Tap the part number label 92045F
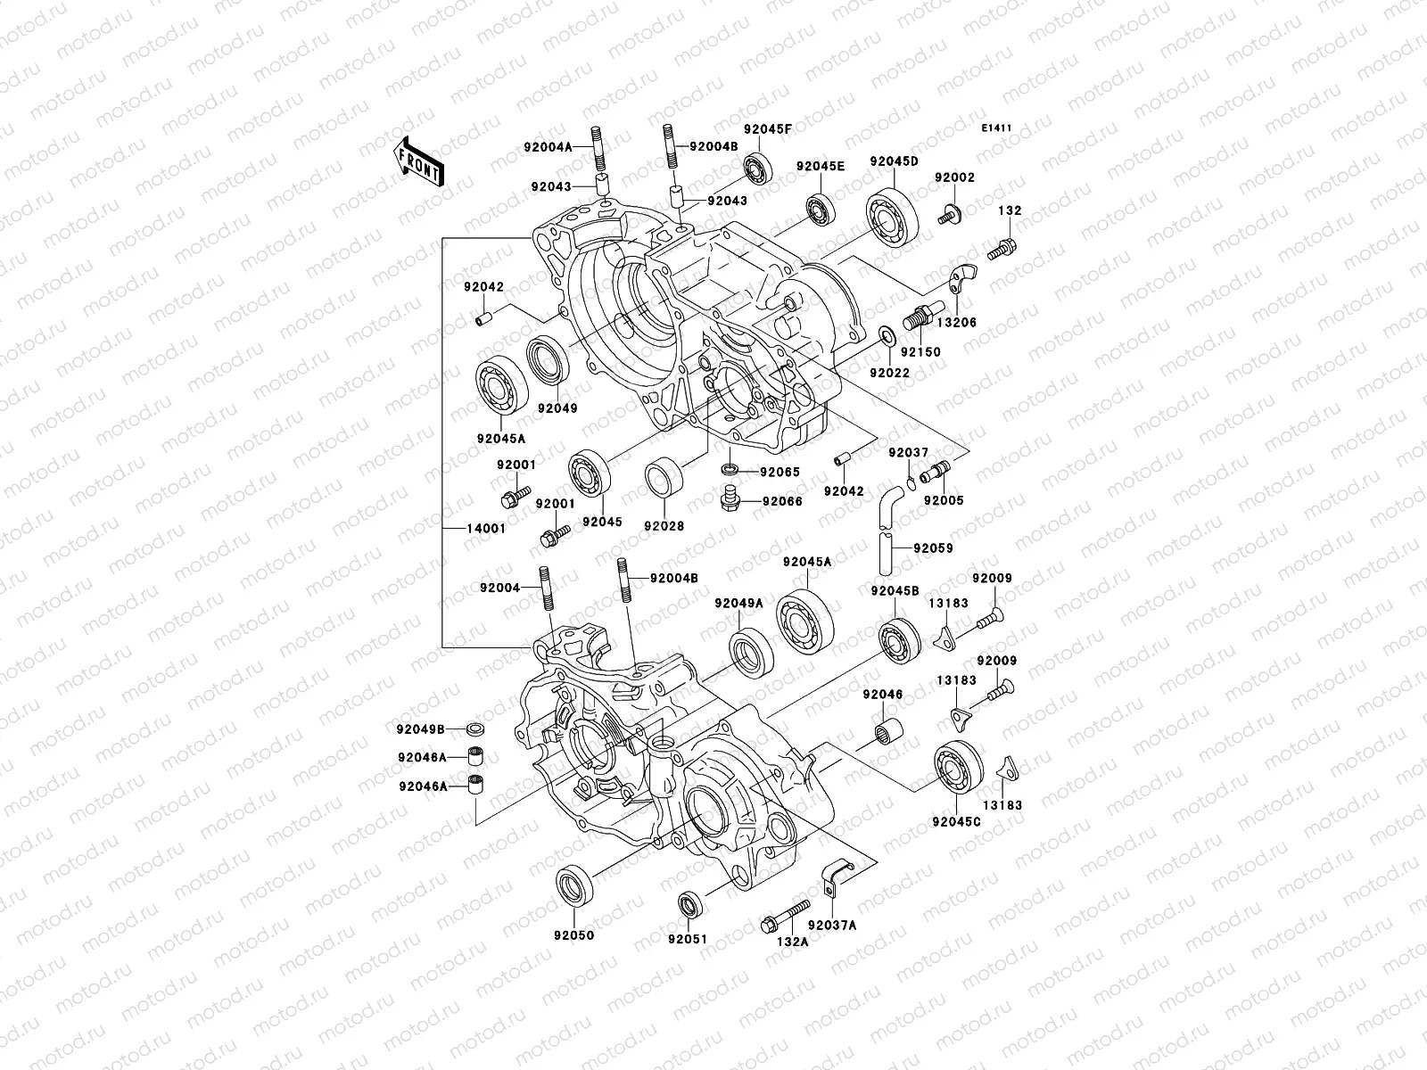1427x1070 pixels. tap(768, 129)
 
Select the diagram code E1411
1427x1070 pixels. tap(996, 128)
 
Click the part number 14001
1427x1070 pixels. tap(486, 528)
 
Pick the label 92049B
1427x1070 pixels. tap(421, 728)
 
